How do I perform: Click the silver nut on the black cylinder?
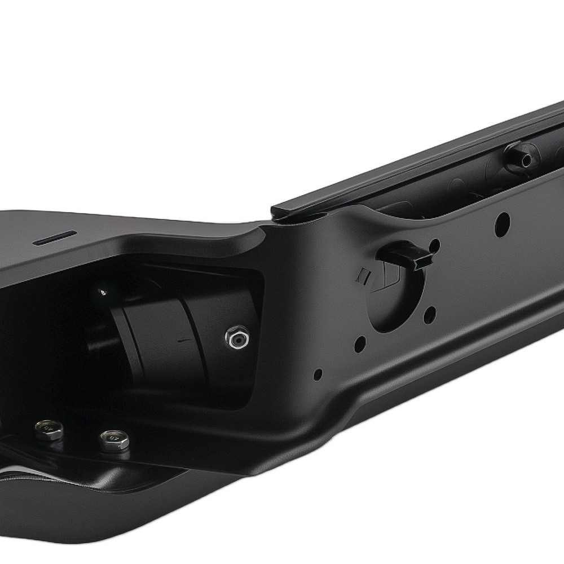tap(235, 338)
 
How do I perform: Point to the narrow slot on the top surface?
tap(55, 237)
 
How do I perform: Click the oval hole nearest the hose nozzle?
tap(502, 224)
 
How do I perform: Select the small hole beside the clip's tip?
tap(434, 245)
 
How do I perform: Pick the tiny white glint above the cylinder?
tap(102, 292)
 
